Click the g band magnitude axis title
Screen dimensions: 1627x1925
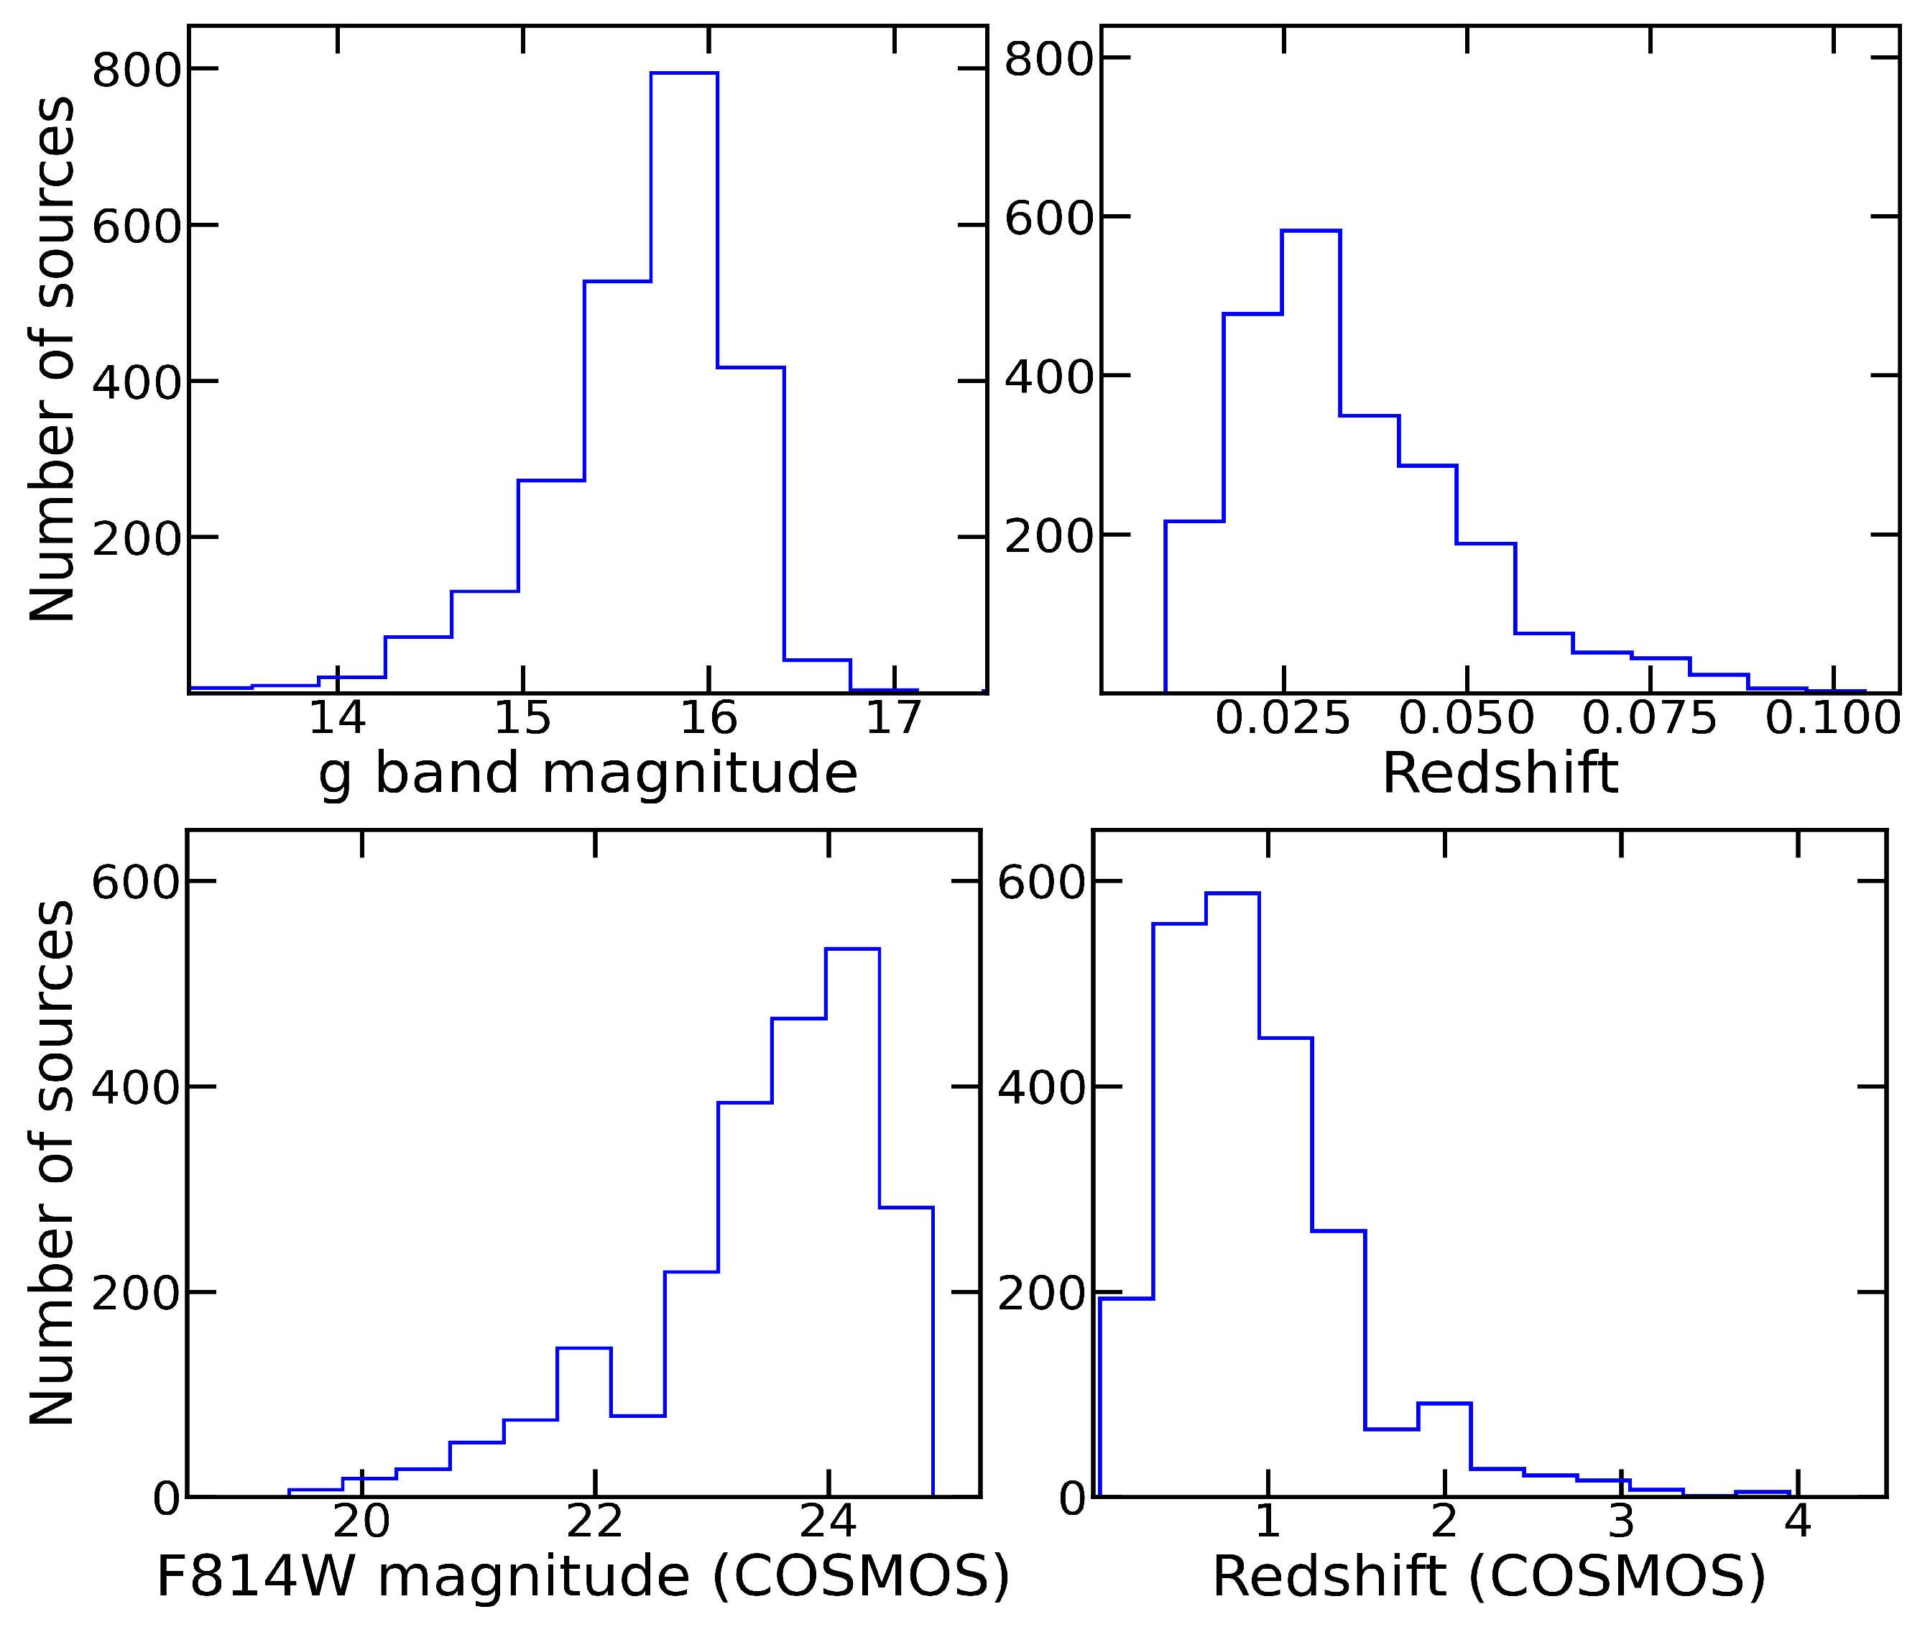(x=588, y=773)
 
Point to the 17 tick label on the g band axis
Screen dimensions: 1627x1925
(x=893, y=718)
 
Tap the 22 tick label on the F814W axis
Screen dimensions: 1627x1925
(x=594, y=1521)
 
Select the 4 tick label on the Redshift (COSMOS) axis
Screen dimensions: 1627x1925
(x=1798, y=1521)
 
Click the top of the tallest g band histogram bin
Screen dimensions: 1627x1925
(x=683, y=73)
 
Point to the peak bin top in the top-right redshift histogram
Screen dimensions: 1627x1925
(x=1310, y=231)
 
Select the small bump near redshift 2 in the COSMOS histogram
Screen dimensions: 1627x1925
(x=1444, y=1403)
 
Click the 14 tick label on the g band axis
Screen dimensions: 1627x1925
(x=337, y=718)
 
